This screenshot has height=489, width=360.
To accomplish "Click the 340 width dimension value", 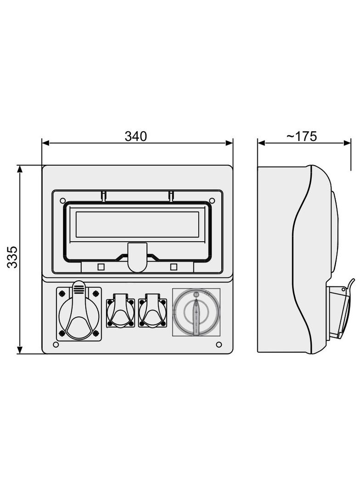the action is pos(135,136).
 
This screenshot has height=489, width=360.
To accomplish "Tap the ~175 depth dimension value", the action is pos(302,136).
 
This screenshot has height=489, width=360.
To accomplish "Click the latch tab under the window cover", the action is pos(137,257).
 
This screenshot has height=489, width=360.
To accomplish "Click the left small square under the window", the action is pos(101,267).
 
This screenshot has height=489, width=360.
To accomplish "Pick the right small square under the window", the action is pos(174,267).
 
